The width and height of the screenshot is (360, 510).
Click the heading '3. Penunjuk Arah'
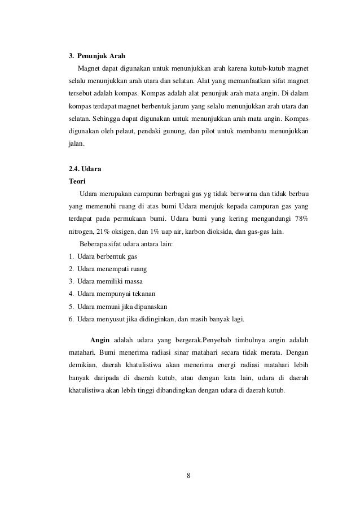[x=96, y=56]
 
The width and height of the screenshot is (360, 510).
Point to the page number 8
[x=188, y=474]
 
